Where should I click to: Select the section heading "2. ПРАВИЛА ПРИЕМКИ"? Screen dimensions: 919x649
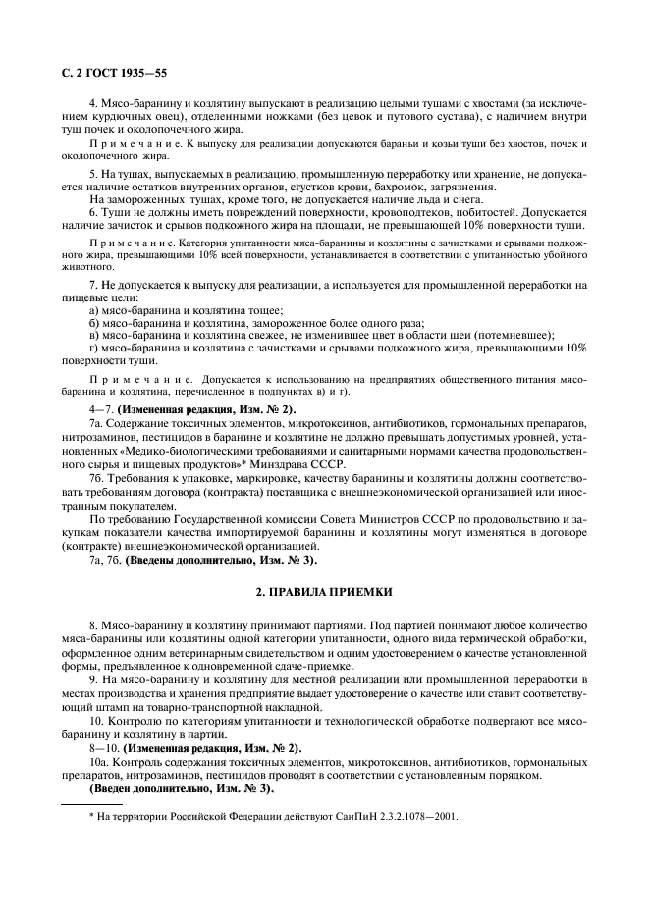324,592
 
